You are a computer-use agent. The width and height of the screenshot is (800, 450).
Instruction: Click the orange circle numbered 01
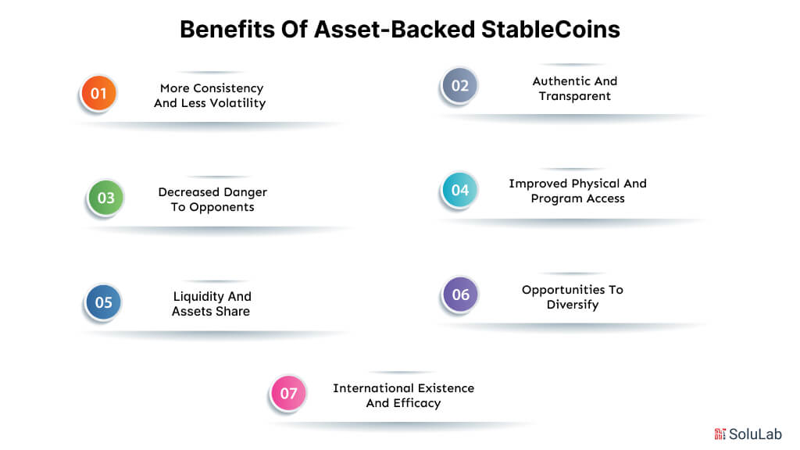pos(98,94)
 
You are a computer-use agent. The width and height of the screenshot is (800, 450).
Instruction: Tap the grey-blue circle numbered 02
pos(459,86)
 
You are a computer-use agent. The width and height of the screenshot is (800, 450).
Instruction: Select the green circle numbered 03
pos(105,198)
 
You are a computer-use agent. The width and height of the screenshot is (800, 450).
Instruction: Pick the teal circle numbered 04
pos(459,190)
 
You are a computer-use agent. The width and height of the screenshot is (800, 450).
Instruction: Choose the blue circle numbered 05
pos(103,302)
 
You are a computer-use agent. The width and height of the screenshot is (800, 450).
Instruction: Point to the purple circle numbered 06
pos(460,295)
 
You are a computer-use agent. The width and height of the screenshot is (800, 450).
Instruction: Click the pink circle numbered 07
pos(288,393)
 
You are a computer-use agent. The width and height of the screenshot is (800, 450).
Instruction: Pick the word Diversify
pos(573,305)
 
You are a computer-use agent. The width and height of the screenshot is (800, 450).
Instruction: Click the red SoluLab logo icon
pos(720,434)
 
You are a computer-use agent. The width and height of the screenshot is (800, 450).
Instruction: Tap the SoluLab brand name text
pos(755,434)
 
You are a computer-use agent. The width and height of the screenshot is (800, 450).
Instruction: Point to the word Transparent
pos(574,96)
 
